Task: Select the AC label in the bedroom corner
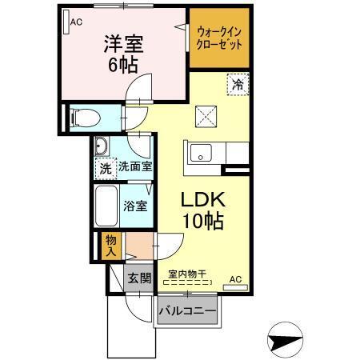(76, 22)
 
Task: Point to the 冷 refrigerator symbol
(238, 82)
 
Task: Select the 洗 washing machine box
(106, 168)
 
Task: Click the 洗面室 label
(136, 168)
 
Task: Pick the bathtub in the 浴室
(106, 206)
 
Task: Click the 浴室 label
(134, 206)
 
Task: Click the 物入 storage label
(110, 245)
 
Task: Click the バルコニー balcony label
(186, 309)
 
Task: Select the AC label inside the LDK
(235, 278)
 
